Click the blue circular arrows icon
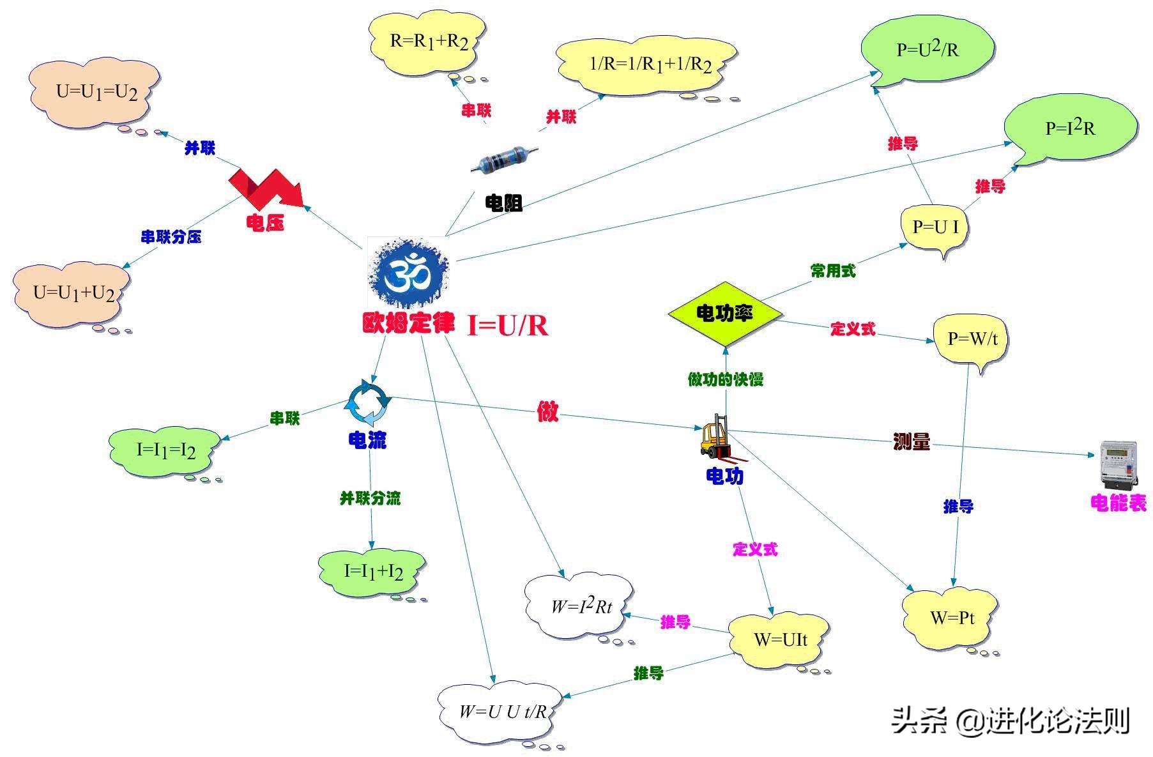[368, 402]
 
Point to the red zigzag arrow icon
[268, 188]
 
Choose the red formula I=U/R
[508, 325]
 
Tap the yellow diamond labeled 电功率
[725, 313]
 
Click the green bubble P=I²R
[1071, 128]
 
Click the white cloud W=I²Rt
[580, 607]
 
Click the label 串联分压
[171, 237]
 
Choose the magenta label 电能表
[1119, 503]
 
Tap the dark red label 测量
[912, 441]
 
